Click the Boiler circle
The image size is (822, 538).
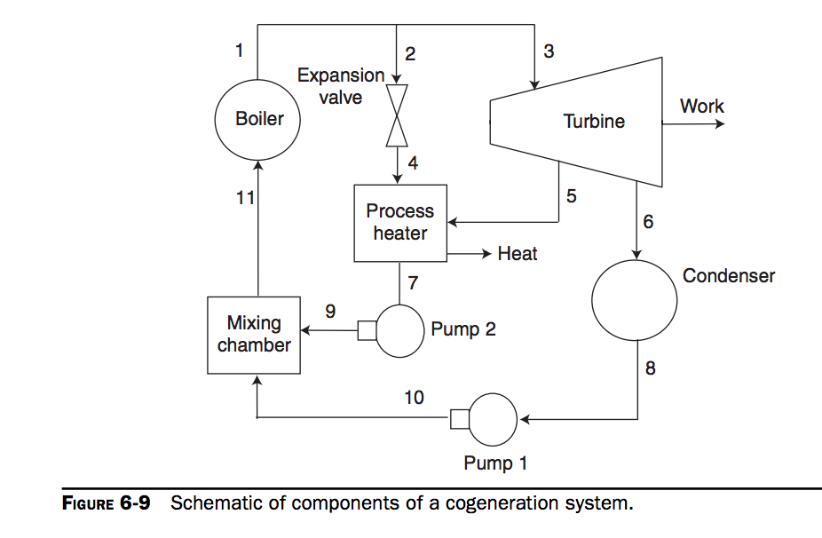coord(258,119)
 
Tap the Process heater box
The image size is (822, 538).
coord(399,223)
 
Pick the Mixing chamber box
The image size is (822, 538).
coord(254,334)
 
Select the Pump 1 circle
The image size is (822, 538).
coord(493,420)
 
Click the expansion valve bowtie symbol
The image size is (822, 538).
coord(397,115)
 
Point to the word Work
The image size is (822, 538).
coord(701,107)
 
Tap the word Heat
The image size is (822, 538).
coord(517,254)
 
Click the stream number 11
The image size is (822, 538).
coord(245,198)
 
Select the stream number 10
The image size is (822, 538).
coord(414,398)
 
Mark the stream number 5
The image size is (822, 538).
coord(571,196)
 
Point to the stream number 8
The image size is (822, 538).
coord(651,368)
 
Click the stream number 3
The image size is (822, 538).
coord(549,51)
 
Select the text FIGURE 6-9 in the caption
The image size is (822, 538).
coord(106,503)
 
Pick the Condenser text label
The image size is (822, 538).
coord(728,276)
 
